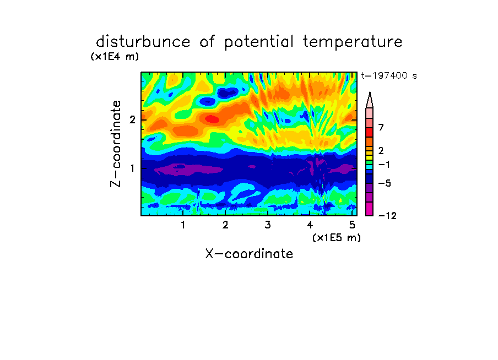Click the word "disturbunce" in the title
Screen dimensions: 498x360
click(143, 42)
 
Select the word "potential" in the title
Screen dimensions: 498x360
click(259, 42)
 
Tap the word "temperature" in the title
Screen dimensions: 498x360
click(353, 42)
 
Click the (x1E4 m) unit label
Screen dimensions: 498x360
click(115, 57)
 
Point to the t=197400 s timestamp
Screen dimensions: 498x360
click(389, 75)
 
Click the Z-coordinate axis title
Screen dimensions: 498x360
click(116, 144)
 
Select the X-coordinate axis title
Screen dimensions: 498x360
click(249, 254)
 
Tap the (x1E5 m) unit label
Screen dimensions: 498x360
click(337, 238)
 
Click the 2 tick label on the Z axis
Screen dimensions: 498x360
click(132, 119)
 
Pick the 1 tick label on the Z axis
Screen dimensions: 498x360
click(132, 168)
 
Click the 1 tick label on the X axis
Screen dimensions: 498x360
click(183, 225)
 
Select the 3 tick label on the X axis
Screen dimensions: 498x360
click(268, 225)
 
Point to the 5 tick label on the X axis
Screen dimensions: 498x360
click(352, 225)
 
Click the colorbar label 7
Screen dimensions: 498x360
click(381, 128)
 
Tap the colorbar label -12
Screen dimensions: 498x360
click(387, 216)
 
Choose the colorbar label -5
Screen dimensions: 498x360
click(385, 183)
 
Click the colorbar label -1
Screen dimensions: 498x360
click(384, 165)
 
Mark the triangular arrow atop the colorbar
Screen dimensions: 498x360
click(370, 100)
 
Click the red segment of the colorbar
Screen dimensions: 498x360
click(370, 132)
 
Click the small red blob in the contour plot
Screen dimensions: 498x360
click(212, 119)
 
